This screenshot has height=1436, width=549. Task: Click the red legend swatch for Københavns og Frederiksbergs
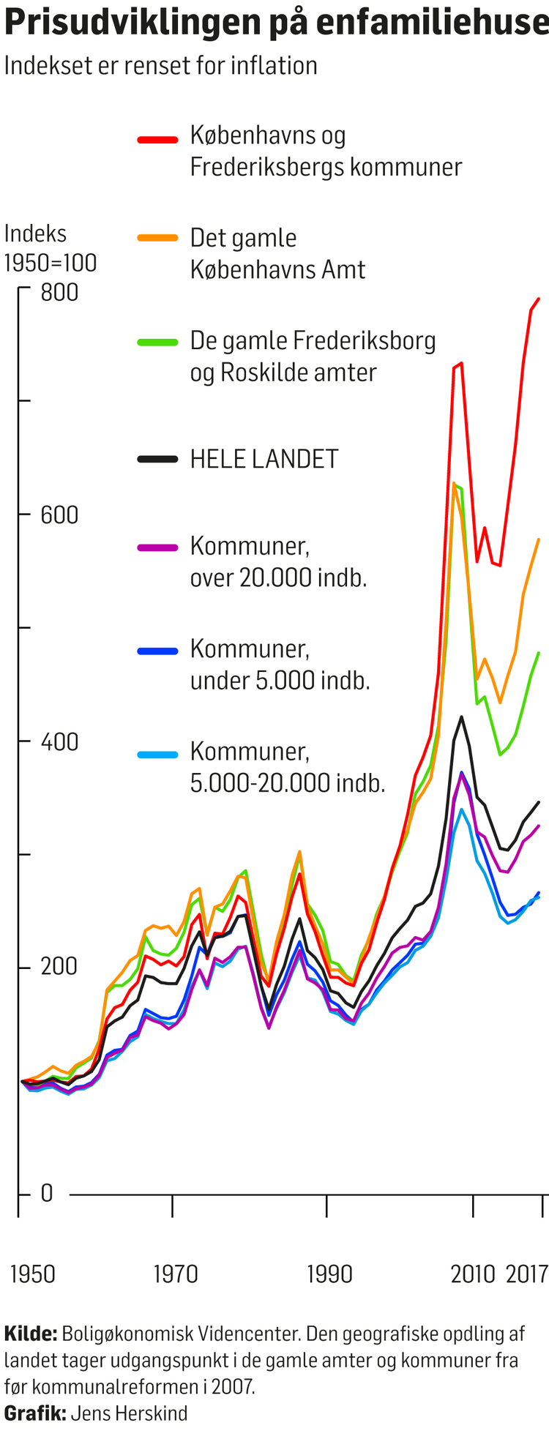point(157,139)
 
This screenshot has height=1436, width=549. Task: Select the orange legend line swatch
point(157,238)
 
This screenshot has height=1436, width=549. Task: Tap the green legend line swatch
point(157,341)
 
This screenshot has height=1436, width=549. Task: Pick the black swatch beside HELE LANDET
point(157,459)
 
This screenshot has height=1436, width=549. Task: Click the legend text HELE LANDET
point(264,459)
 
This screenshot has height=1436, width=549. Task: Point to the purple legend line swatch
point(157,547)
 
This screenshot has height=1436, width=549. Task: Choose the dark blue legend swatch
point(157,650)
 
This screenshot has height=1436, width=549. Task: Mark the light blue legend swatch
point(157,754)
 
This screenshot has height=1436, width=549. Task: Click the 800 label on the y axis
point(59,293)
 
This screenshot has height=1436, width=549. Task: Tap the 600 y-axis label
point(59,515)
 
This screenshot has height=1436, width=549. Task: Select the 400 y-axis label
point(59,741)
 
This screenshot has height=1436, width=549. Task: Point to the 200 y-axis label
point(59,966)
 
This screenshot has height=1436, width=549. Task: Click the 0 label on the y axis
point(47,1193)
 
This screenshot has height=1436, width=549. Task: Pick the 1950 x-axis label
point(32,1274)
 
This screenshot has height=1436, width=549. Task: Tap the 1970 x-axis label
point(176,1274)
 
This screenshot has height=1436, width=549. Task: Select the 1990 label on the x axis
point(329,1274)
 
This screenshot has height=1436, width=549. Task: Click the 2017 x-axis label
point(527,1274)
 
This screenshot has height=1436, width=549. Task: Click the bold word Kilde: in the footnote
point(30,1334)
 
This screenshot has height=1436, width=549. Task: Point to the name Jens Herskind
point(129,1413)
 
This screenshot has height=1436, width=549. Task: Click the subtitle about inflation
point(161,66)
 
